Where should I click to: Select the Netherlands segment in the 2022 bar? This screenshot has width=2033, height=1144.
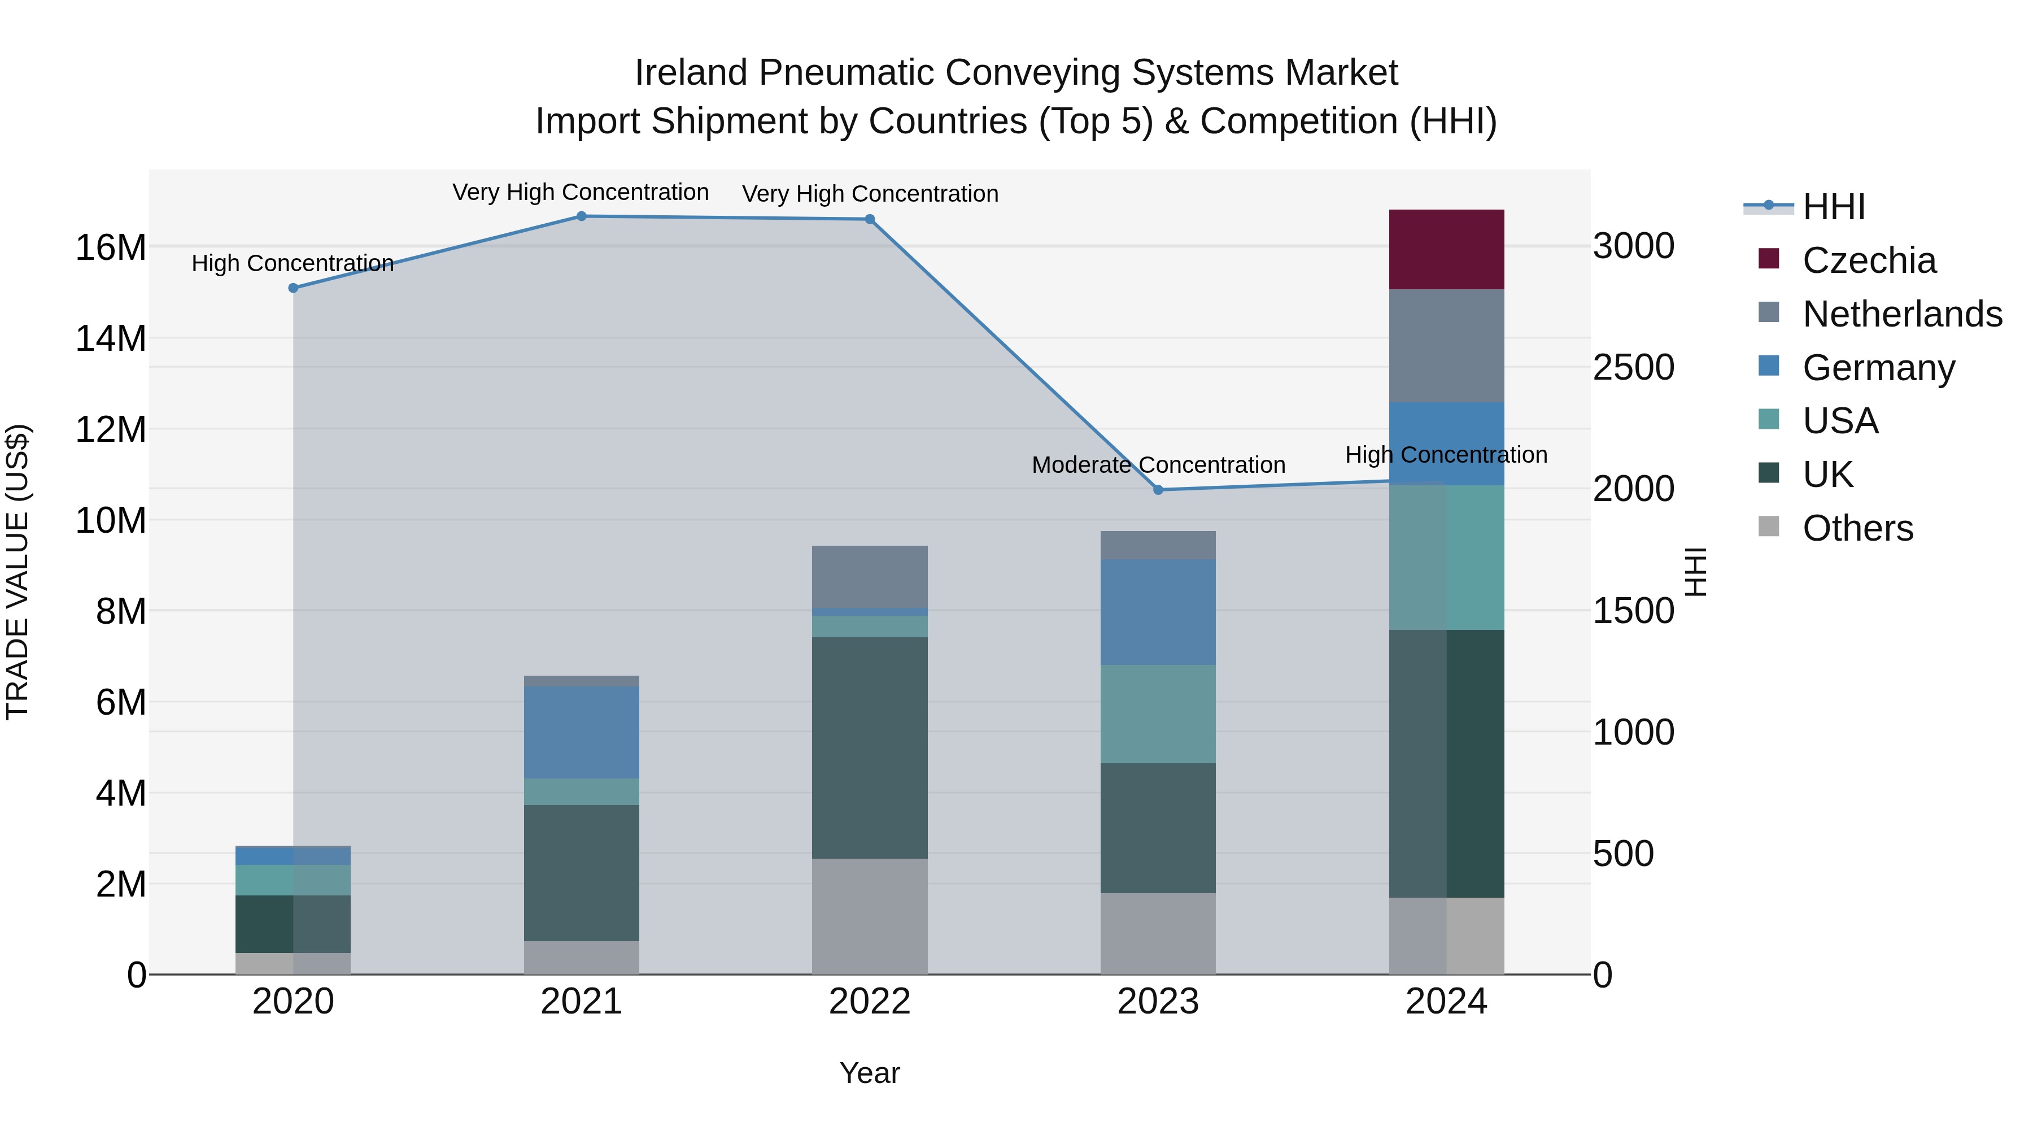(870, 576)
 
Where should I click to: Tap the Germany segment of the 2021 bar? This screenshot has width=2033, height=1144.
(582, 732)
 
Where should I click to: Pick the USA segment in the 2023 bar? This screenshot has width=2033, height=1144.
(1158, 714)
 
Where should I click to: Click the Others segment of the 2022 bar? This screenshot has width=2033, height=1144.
(870, 916)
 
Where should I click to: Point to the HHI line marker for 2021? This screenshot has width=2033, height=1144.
(582, 216)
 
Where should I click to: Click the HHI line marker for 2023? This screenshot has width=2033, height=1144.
(1158, 489)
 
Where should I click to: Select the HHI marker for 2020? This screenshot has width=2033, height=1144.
(294, 288)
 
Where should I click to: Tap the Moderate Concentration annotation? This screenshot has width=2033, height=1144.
(1158, 465)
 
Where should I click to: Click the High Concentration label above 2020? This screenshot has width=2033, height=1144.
(293, 263)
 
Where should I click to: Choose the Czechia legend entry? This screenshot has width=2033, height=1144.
(1869, 260)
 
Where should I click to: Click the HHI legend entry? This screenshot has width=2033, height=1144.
(1833, 207)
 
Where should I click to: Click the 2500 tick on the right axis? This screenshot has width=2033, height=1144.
(1633, 368)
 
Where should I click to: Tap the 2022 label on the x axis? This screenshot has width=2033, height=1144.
(870, 1002)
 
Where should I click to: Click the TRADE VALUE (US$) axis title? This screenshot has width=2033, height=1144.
(18, 572)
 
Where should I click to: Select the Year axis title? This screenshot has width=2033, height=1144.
(870, 1073)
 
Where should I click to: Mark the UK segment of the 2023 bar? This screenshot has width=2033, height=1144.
(1158, 828)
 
